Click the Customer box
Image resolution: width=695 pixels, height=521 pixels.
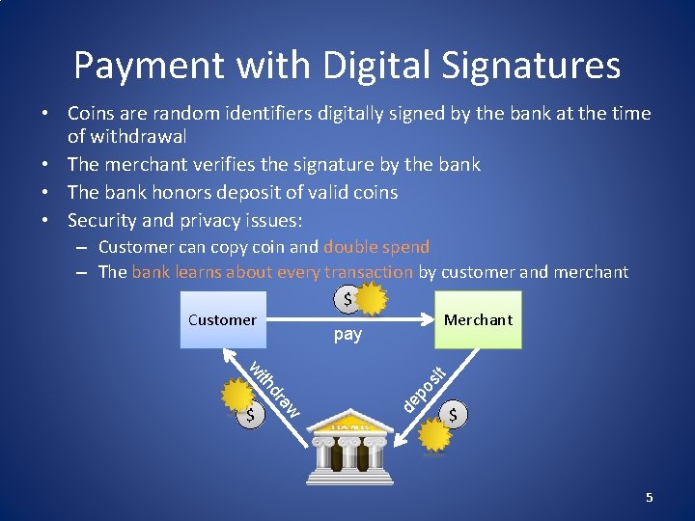coord(222,319)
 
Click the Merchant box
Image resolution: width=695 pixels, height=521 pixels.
coord(478,319)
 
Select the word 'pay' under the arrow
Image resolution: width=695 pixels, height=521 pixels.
coord(347,335)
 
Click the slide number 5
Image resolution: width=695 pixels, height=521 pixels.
coord(650,497)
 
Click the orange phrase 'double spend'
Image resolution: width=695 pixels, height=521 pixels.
coord(376,247)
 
